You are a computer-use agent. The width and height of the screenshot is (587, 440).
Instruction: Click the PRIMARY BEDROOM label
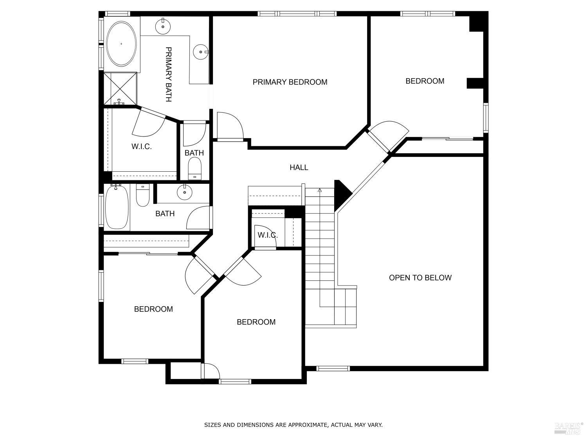click(290, 82)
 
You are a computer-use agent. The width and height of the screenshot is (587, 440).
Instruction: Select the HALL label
click(299, 167)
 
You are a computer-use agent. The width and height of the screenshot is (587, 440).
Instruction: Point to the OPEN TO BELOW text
click(420, 278)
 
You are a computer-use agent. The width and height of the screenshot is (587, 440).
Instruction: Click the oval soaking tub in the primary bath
click(122, 44)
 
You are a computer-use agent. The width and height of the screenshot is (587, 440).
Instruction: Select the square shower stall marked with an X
click(120, 88)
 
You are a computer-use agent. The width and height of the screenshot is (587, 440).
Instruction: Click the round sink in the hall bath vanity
click(184, 192)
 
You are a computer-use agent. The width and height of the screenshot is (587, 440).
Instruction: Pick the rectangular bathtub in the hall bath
click(117, 207)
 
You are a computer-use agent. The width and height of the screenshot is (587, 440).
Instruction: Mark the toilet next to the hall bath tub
click(142, 196)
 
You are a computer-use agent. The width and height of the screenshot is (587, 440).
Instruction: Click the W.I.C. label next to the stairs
click(268, 235)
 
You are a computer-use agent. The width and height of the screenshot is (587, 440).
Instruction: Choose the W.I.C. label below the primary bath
click(141, 147)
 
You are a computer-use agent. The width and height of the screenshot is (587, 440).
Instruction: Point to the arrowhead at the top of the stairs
click(320, 190)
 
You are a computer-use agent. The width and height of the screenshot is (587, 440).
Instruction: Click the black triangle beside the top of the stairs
click(341, 194)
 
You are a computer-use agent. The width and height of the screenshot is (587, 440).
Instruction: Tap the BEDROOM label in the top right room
click(425, 81)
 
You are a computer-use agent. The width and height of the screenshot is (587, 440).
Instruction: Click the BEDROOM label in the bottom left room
click(153, 309)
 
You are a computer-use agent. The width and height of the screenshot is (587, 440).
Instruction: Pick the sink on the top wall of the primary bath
click(163, 26)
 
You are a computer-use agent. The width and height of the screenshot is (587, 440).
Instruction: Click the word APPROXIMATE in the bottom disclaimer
click(306, 425)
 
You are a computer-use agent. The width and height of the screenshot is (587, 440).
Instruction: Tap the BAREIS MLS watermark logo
click(568, 428)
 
